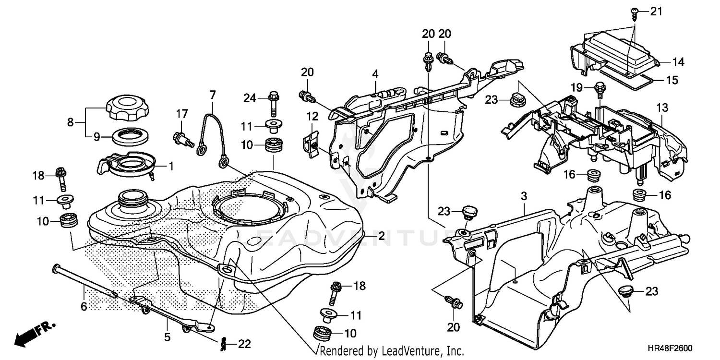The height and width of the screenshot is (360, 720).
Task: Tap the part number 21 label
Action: (x=656, y=11)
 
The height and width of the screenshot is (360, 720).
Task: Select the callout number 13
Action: (x=662, y=108)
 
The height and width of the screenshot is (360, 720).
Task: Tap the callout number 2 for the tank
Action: (x=381, y=236)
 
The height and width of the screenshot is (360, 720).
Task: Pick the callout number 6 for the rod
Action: (x=84, y=306)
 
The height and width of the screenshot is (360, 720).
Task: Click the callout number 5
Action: (x=168, y=337)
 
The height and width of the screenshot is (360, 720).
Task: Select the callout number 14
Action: (x=678, y=62)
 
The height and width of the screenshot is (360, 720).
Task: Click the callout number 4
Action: (x=375, y=74)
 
